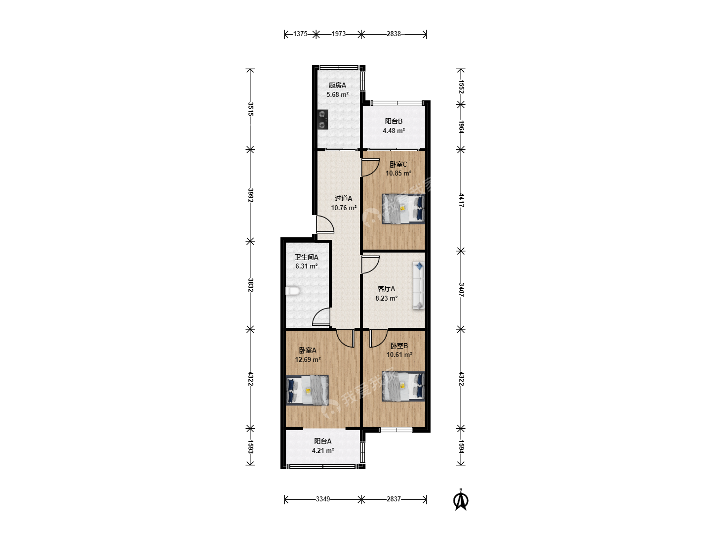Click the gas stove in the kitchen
tap(322, 119)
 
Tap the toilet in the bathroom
tap(292, 291)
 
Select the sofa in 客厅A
tap(419, 285)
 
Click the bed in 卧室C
tap(403, 209)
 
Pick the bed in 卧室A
tap(307, 390)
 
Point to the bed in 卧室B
tap(403, 386)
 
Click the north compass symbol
tap(461, 499)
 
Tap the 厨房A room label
tap(337, 85)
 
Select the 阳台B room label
tap(394, 121)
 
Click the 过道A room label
tap(343, 198)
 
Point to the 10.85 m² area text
tap(398, 173)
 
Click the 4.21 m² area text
tap(323, 450)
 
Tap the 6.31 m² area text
tap(307, 266)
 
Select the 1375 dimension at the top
tap(300, 34)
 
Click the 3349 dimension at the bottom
tap(323, 499)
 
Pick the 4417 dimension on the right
tap(461, 200)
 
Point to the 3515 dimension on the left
tap(250, 109)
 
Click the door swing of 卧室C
tap(370, 167)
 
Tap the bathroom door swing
tap(321, 316)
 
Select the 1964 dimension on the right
tap(461, 127)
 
